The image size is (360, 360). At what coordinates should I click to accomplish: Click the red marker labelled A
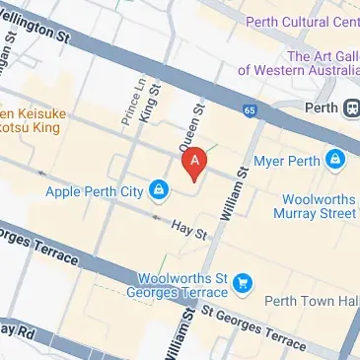[195, 161]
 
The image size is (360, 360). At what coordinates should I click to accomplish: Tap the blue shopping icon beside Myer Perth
[336, 158]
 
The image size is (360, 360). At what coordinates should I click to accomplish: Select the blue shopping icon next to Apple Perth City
[158, 187]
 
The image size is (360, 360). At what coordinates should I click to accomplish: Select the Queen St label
[190, 124]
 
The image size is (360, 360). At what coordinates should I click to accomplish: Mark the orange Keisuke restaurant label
[30, 118]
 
